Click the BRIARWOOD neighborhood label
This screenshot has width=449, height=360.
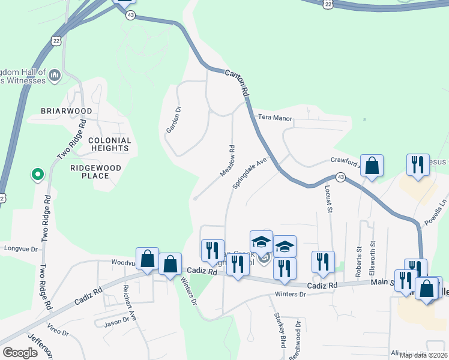point(66,111)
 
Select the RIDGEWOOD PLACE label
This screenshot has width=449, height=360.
point(95,172)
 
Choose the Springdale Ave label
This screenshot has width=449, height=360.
point(249,173)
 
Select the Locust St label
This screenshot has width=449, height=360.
point(328,199)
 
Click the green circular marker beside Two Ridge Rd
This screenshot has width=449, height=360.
point(37,175)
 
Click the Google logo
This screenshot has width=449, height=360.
point(20,353)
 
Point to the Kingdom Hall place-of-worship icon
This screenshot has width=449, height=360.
point(55,75)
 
